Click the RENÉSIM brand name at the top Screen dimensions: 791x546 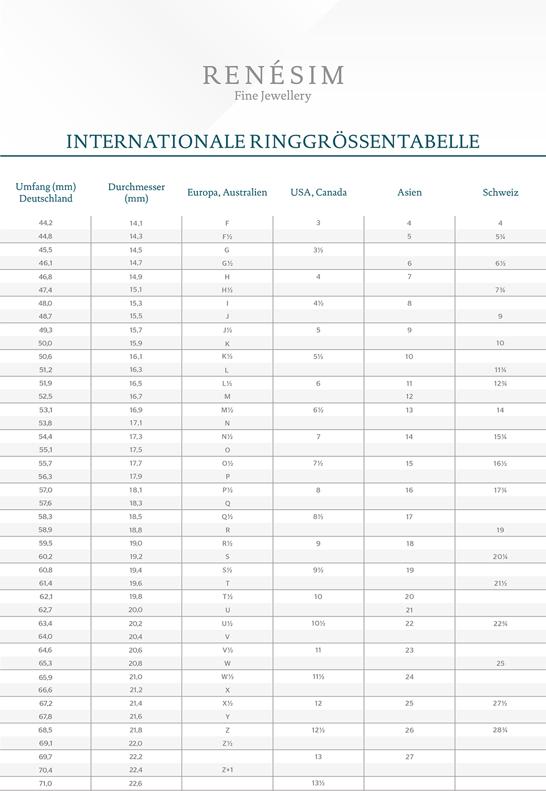pos(274,75)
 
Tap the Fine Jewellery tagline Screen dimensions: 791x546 pos(273,96)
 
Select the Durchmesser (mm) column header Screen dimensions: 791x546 pos(136,193)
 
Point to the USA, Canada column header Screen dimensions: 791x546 pos(318,192)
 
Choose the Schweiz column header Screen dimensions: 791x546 pos(500,192)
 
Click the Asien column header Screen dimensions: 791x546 pos(409,192)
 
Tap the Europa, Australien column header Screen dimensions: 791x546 pos(227,192)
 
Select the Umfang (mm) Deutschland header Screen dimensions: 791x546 pos(45,193)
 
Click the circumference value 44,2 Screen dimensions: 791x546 pos(45,223)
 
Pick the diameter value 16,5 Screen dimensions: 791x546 pos(136,384)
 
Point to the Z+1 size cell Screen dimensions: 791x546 pos(227,770)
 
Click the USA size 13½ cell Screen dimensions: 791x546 pos(318,783)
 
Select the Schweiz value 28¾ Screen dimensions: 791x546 pos(500,730)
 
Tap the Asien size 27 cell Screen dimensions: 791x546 pos(409,757)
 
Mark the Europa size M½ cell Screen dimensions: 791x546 pos(227,410)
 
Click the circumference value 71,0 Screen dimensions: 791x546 pos(45,784)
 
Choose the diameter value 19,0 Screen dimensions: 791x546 pos(136,543)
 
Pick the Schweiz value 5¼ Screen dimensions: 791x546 pos(500,236)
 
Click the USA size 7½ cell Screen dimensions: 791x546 pos(318,464)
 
